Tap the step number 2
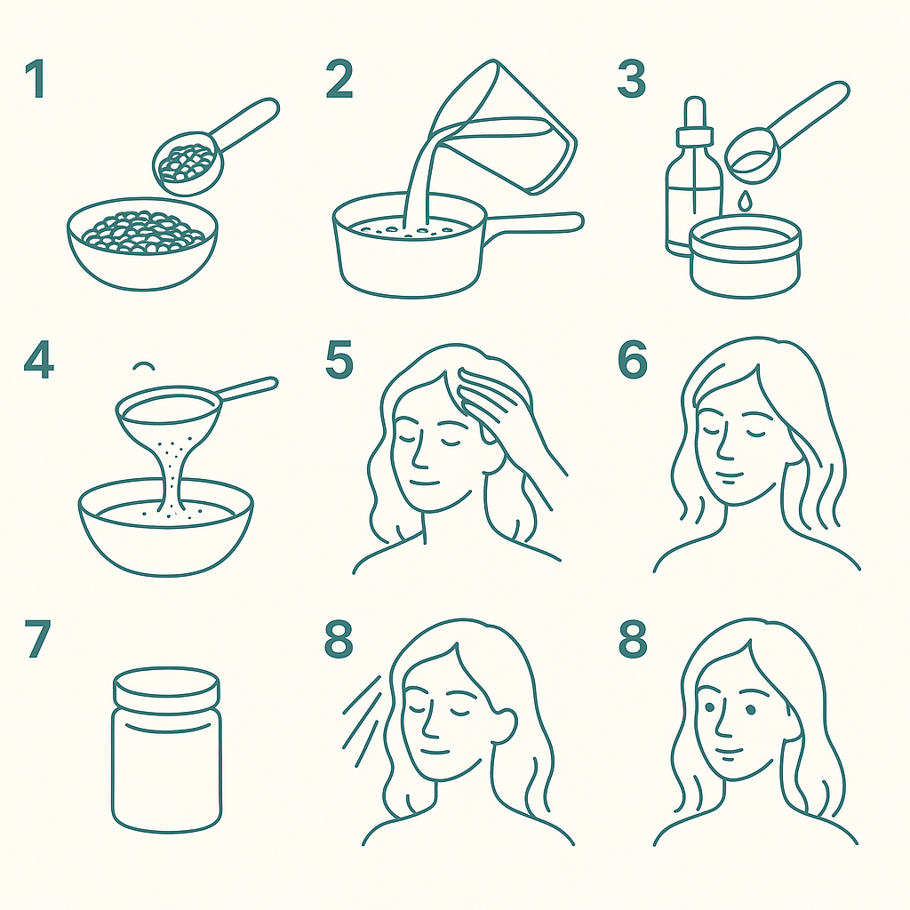(339, 79)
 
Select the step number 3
(632, 79)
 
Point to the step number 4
(39, 359)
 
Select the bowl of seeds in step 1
(142, 243)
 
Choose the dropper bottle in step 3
(694, 177)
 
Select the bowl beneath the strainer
(166, 527)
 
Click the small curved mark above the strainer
(143, 365)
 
